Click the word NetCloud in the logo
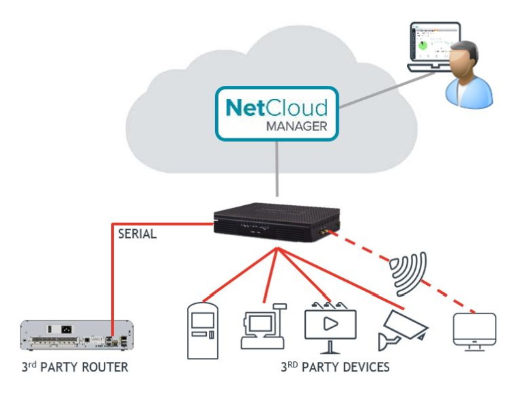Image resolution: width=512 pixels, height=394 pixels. (x=276, y=108)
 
